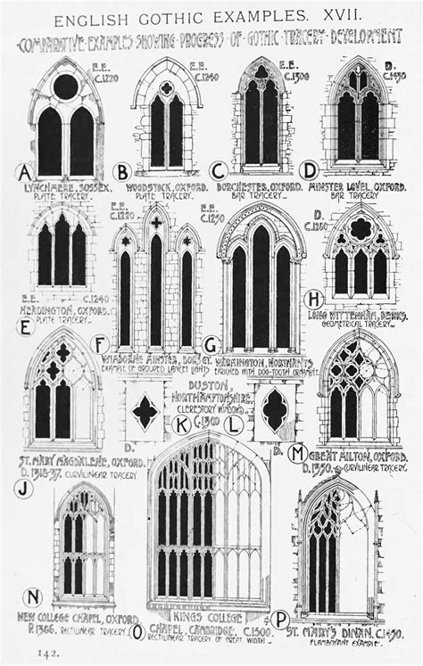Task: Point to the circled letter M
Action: click(x=297, y=454)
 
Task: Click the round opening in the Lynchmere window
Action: click(x=66, y=86)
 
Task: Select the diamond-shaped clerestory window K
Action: click(x=145, y=412)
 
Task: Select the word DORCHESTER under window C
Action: click(x=245, y=188)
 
